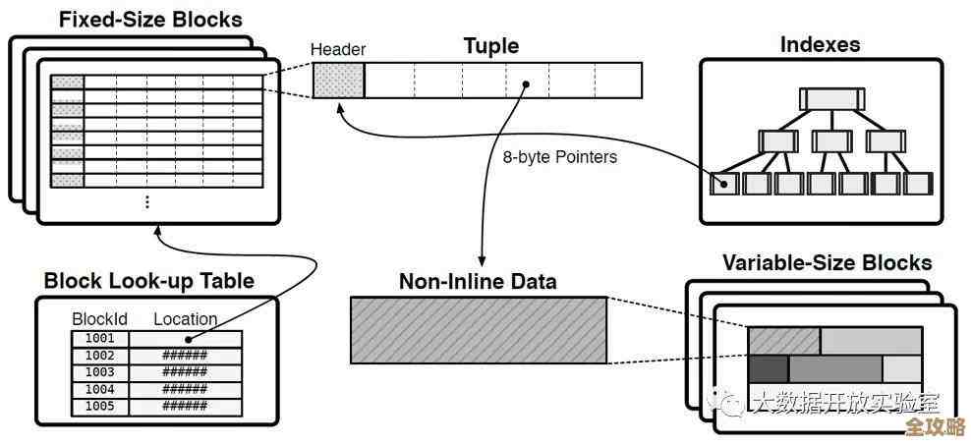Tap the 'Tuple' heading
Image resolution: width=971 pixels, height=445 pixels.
490,46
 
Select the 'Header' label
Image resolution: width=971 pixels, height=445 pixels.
338,50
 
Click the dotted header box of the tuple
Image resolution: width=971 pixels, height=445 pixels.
339,80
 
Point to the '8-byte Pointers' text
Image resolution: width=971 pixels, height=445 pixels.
560,156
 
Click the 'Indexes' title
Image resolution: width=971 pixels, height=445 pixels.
820,44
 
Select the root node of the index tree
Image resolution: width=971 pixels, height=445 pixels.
831,98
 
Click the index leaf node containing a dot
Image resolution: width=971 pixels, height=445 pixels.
726,184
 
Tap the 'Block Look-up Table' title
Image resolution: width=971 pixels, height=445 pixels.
148,281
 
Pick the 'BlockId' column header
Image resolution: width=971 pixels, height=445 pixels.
99,318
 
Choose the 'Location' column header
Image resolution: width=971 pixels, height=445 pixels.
185,318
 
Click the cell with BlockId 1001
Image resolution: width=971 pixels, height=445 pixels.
99,338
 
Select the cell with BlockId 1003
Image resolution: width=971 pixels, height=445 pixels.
99,372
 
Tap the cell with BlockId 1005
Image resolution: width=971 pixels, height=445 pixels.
99,406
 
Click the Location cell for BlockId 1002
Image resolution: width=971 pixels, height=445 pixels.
185,356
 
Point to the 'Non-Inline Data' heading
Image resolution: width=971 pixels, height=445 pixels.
478,282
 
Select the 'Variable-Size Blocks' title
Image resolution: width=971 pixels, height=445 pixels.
827,262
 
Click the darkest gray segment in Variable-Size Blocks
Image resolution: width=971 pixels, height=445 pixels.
768,368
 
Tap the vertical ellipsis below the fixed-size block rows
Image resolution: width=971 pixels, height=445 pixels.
147,201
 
